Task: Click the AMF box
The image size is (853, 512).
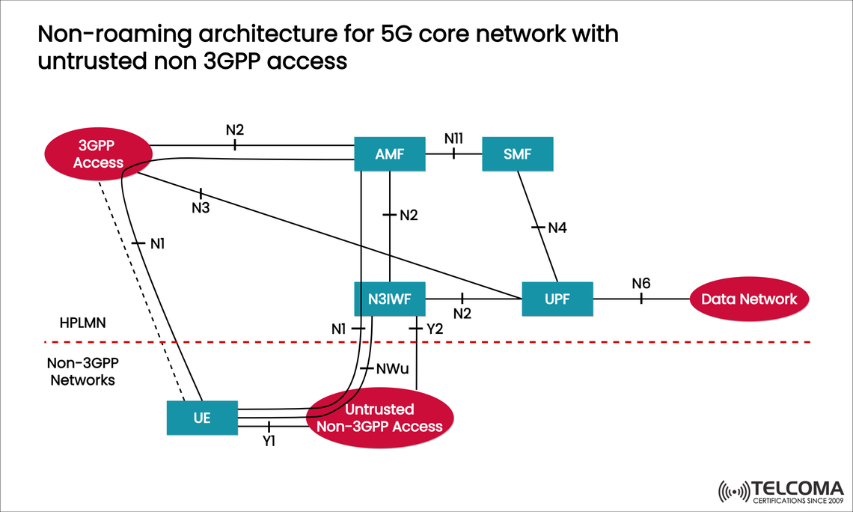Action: pos(389,155)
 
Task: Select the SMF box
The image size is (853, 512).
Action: pos(518,155)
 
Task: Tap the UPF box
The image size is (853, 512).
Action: pos(557,299)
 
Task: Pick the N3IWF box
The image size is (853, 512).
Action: pos(389,299)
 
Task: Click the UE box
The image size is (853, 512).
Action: pos(201,418)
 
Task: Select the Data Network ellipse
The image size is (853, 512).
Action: pos(749,299)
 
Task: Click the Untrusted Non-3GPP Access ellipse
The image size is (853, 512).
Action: pos(380,418)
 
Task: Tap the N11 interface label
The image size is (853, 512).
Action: pos(453,138)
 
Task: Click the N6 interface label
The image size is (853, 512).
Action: pos(640,283)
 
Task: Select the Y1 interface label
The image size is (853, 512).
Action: pos(269,442)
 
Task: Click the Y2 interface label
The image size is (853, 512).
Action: pos(435,328)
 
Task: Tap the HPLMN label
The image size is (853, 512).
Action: pos(84,323)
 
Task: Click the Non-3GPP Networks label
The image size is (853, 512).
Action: pos(82,371)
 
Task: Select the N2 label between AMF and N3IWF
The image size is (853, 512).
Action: pos(408,216)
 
